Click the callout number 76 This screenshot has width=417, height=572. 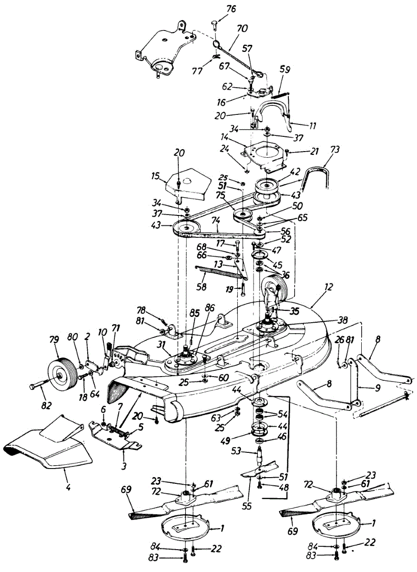click(x=231, y=9)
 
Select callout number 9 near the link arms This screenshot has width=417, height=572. click(x=377, y=388)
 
